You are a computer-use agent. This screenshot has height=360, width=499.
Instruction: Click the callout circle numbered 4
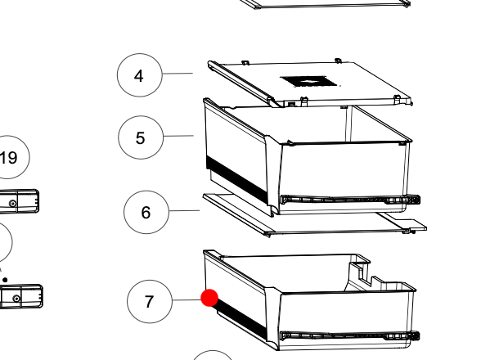coord(139,76)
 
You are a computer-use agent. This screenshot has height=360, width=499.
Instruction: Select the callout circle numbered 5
coord(140,137)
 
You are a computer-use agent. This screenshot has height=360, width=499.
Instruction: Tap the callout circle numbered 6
coord(146,213)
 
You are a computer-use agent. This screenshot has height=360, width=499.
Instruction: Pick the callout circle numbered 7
coord(149,301)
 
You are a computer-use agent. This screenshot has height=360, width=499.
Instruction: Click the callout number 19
coord(8,158)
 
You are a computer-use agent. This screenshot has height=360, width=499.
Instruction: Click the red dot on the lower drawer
coord(209,298)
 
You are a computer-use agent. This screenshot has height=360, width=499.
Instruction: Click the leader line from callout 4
coord(177,74)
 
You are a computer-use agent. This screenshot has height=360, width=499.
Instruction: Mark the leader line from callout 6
coord(184,211)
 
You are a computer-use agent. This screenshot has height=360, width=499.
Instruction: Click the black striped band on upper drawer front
coord(237,181)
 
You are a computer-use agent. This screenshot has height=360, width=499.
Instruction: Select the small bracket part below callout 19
coord(20,200)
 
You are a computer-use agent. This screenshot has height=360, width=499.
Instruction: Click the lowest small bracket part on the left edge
coord(21,295)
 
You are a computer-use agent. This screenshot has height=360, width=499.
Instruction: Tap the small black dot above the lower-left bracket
coord(5,280)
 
